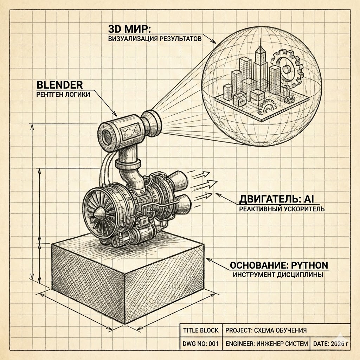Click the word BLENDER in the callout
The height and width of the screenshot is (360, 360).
(x=60, y=85)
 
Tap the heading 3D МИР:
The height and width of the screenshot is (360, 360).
(x=129, y=29)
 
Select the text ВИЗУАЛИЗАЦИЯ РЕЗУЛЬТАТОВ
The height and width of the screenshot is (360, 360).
(x=155, y=39)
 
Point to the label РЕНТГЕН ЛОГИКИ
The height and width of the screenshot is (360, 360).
(x=63, y=94)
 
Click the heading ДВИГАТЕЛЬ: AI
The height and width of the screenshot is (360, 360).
(x=276, y=199)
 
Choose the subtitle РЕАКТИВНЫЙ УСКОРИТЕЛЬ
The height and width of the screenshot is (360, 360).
(x=282, y=209)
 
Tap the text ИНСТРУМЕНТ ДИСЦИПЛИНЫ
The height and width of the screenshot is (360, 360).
(x=278, y=275)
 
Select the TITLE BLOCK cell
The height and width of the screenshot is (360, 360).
(x=201, y=330)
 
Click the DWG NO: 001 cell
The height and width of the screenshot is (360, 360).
(x=201, y=343)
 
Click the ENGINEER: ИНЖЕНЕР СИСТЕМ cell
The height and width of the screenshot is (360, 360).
(x=266, y=343)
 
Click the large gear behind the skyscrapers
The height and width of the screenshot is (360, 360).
(x=288, y=69)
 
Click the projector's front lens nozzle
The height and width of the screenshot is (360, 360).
(x=152, y=123)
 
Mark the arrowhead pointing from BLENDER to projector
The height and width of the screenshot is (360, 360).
(x=115, y=113)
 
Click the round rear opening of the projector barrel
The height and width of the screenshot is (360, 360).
(x=106, y=137)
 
